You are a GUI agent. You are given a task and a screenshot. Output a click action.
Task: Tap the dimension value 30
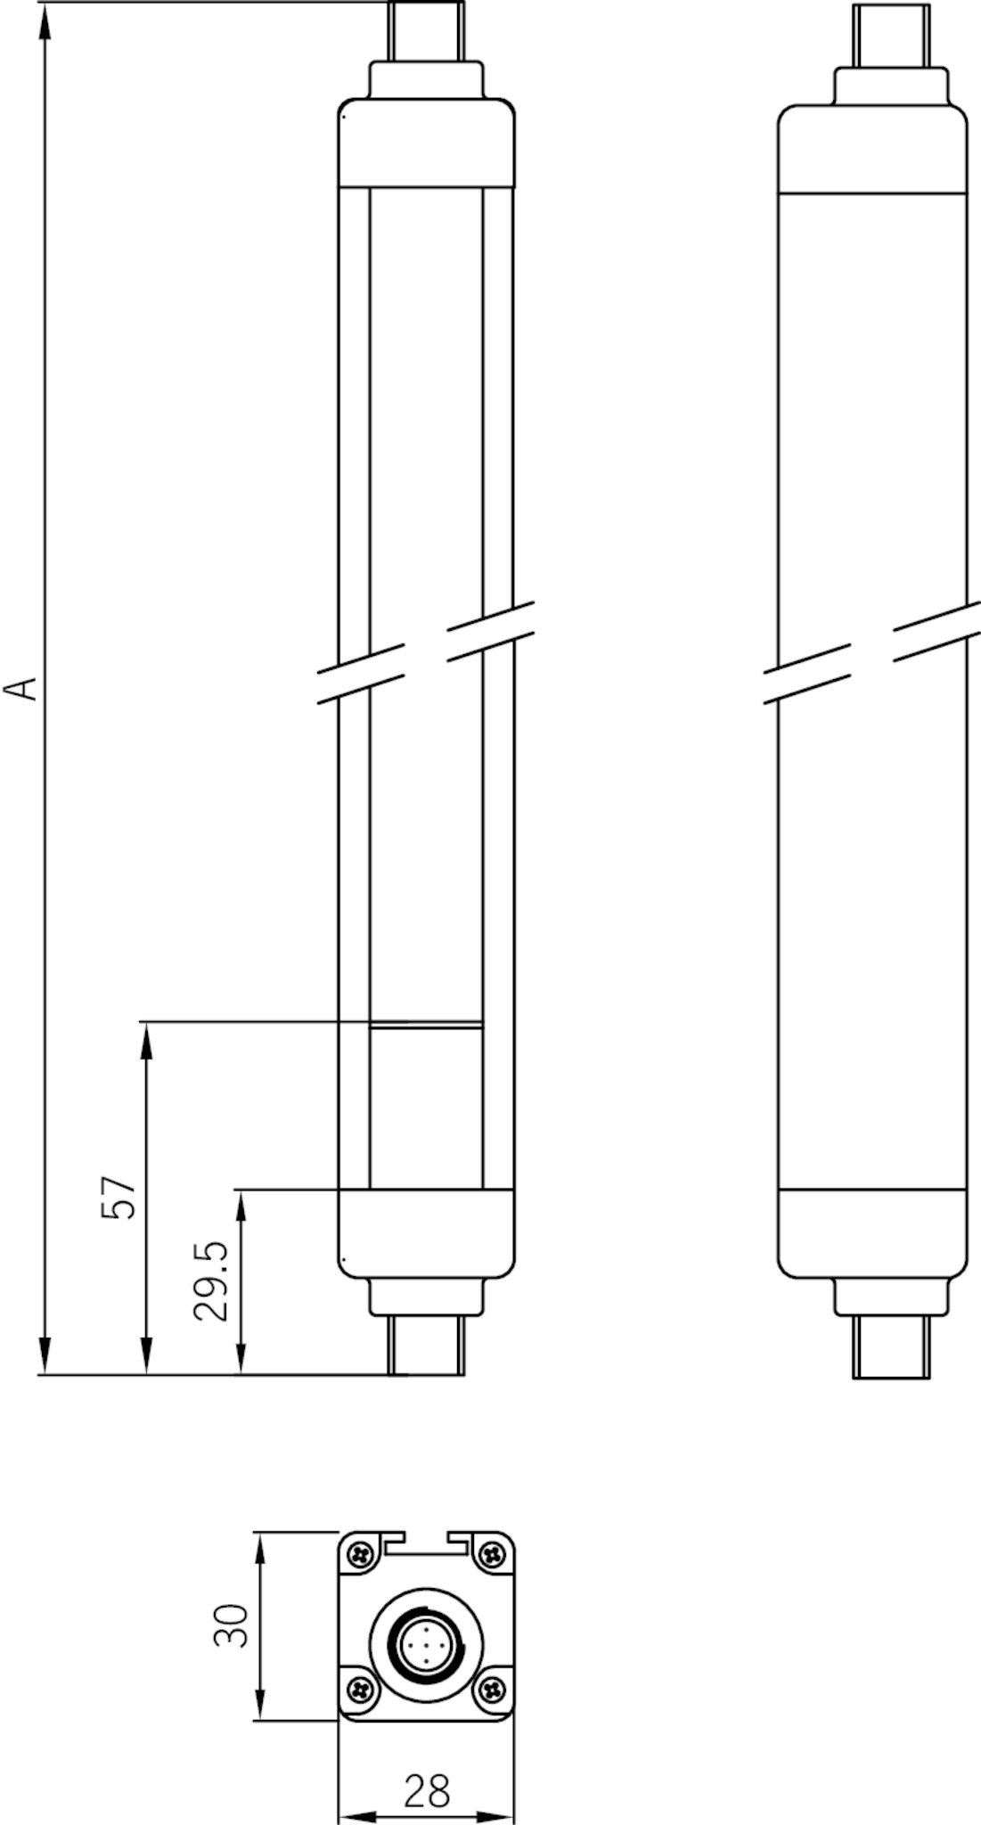pos(231,1626)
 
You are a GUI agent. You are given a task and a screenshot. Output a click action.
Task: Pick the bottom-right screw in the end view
pos(491,1687)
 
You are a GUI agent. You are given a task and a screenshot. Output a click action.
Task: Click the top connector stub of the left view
pos(427,31)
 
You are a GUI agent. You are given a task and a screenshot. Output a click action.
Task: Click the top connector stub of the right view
pos(891,36)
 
